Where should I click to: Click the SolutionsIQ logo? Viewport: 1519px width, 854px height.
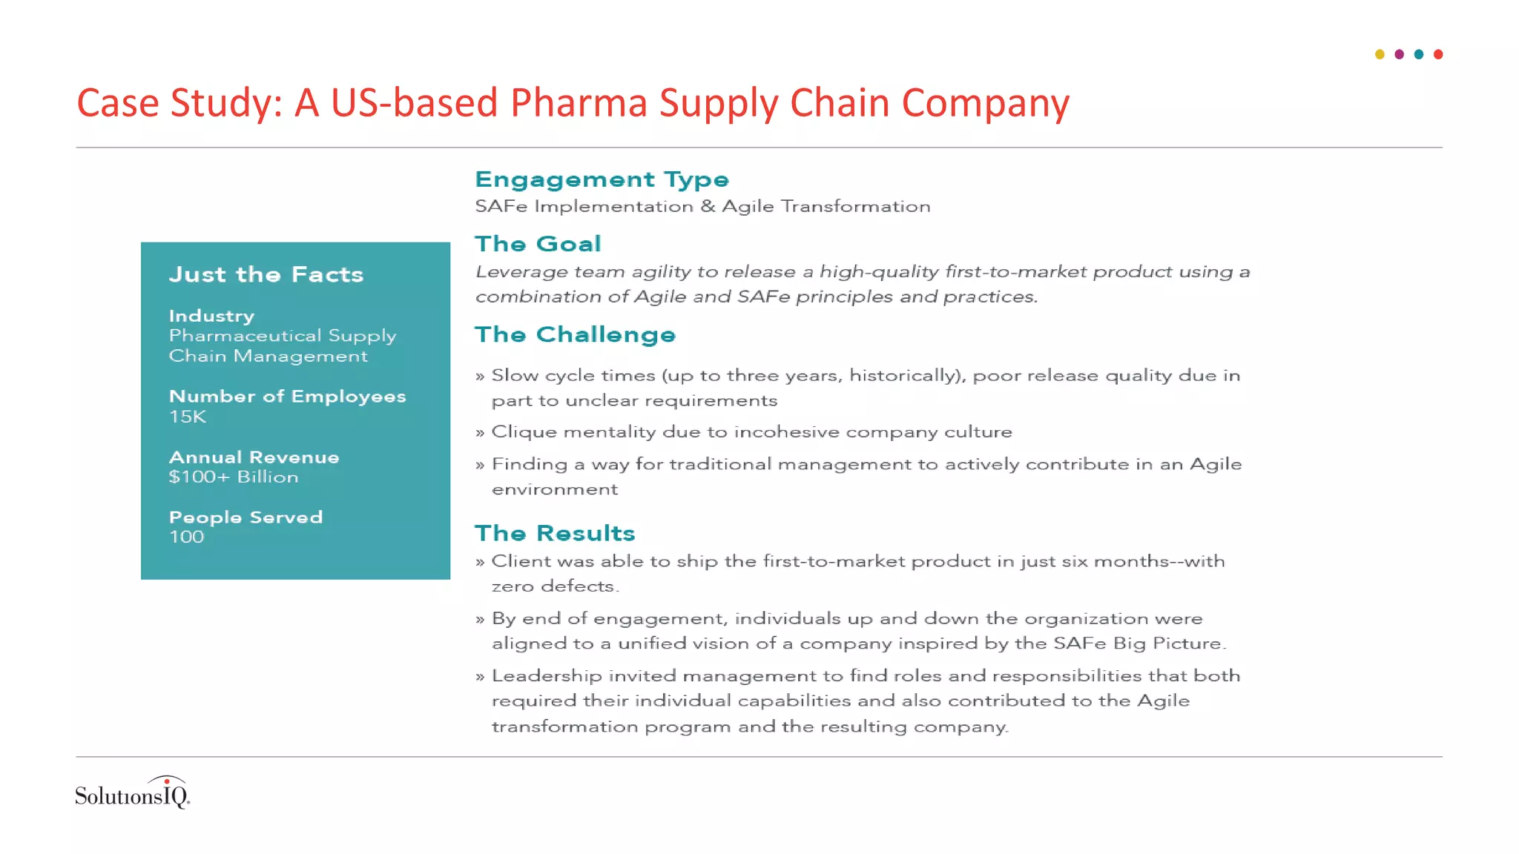[x=133, y=793]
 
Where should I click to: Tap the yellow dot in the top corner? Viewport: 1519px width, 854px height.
[x=1380, y=54]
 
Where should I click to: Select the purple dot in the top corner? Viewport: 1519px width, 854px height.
[x=1399, y=54]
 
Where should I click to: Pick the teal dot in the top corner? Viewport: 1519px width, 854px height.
[x=1419, y=54]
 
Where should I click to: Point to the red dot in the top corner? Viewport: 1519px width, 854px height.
[x=1438, y=54]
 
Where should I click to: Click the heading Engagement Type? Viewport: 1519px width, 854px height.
[x=602, y=179]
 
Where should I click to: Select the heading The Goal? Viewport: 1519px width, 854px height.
[x=538, y=244]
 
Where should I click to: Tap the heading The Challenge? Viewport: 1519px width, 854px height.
[x=575, y=334]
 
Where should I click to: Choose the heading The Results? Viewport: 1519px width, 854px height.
[x=555, y=533]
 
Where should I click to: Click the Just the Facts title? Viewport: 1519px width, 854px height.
[x=266, y=274]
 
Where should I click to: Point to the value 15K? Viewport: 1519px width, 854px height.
[x=188, y=417]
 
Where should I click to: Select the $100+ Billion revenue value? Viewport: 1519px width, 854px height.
[x=234, y=477]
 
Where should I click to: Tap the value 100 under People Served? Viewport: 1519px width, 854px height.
[x=186, y=537]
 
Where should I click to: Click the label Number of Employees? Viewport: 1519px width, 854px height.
[x=287, y=397]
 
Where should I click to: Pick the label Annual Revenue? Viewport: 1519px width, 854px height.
[x=254, y=457]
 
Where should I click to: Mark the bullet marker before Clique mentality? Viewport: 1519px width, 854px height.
[x=480, y=433]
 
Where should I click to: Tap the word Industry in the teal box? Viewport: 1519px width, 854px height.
[x=211, y=316]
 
